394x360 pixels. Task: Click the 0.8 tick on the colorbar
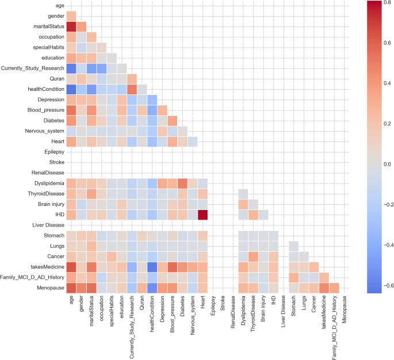[x=387, y=2]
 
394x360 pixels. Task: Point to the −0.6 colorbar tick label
[x=387, y=285]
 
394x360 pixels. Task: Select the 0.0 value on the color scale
[x=387, y=164]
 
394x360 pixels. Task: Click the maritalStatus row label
[x=49, y=26]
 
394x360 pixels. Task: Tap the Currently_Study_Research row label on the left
[x=32, y=68]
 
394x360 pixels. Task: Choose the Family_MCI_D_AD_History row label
[x=32, y=277]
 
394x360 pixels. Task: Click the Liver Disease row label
[x=48, y=225]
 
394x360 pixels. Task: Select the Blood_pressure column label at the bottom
[x=172, y=314]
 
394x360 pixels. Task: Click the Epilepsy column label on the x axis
[x=213, y=305]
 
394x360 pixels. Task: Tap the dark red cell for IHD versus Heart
[x=202, y=215]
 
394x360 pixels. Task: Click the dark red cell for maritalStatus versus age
[x=71, y=26]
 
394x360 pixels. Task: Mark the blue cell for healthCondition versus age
[x=71, y=89]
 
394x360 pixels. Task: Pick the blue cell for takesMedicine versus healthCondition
[x=152, y=267]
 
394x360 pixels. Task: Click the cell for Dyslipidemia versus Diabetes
[x=182, y=183]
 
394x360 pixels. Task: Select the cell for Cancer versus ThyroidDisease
[x=253, y=256]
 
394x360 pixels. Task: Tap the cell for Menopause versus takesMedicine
[x=324, y=288]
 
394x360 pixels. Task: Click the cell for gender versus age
[x=71, y=16]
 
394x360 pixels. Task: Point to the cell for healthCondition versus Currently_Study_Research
[x=132, y=89]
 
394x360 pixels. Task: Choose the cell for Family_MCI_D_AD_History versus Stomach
[x=293, y=277]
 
